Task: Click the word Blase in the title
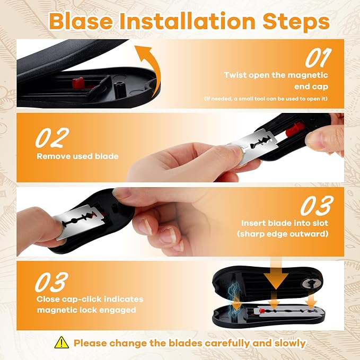[81, 21]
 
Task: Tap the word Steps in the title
[296, 22]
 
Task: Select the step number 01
[318, 58]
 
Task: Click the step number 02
[52, 137]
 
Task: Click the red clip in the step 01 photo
[78, 83]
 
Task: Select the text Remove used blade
[77, 156]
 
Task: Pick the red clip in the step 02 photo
[295, 129]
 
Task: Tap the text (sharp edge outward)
[283, 234]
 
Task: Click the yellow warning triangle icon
[62, 343]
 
